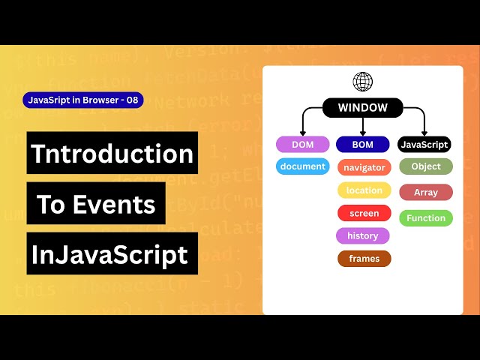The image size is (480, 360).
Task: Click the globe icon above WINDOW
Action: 363,82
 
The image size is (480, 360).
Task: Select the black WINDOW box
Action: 363,108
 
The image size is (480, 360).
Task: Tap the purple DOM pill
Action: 302,145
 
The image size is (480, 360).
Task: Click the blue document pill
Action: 302,166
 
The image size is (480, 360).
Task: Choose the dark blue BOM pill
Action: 363,145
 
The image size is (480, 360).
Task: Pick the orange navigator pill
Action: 364,168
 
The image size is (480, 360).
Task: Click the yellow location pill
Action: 364,190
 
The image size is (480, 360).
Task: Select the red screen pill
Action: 364,214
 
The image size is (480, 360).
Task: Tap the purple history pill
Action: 363,236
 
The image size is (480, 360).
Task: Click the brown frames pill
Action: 364,259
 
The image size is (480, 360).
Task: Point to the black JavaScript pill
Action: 424,145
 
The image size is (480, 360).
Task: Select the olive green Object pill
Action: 426,166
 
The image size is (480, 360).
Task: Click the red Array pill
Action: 426,193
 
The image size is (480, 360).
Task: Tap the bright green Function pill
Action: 426,218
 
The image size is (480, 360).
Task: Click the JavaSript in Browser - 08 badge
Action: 83,100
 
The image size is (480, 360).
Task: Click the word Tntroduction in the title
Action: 112,154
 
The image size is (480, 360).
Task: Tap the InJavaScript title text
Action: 109,254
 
